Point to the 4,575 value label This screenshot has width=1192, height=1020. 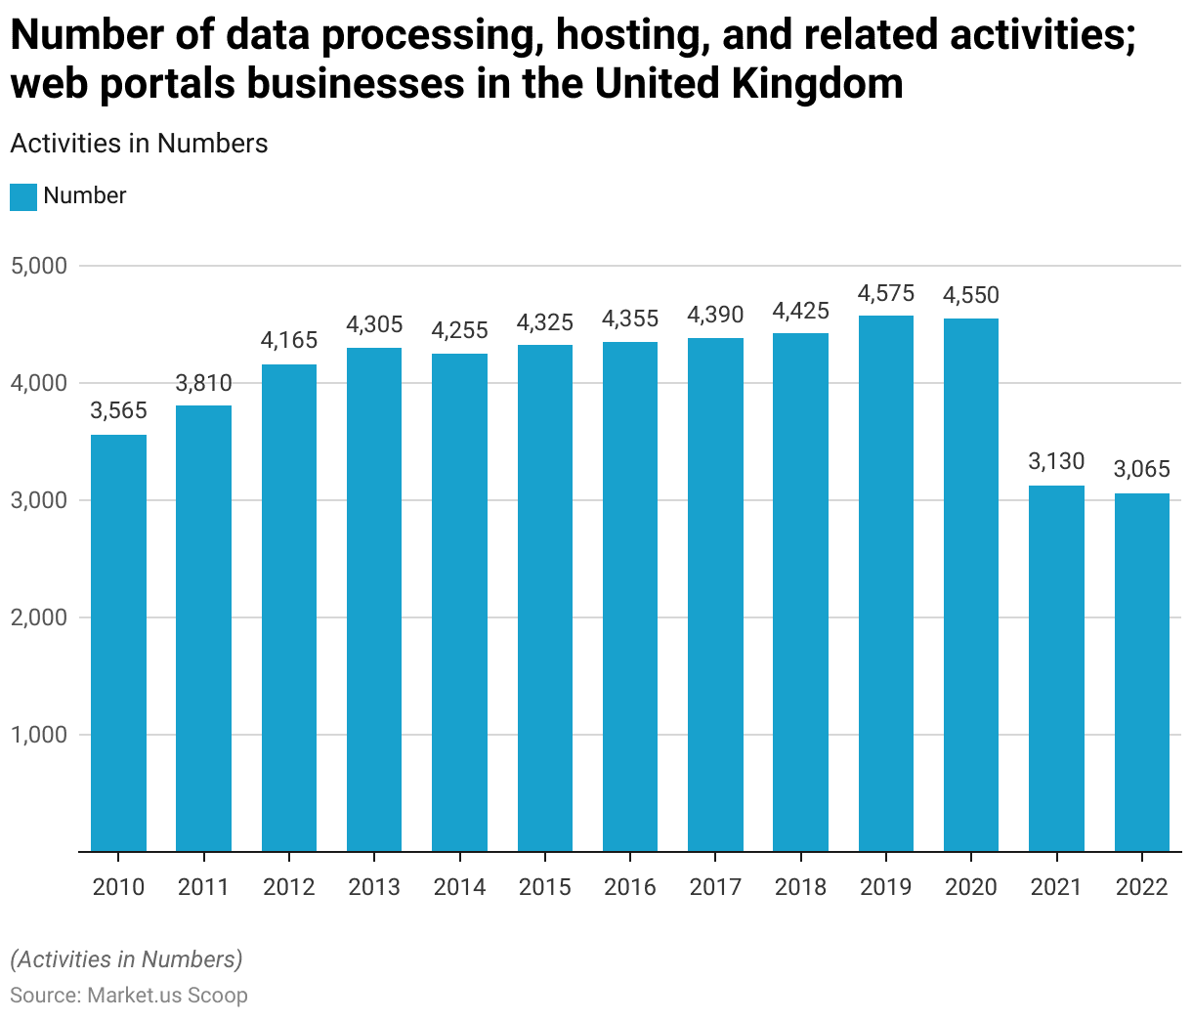[886, 293]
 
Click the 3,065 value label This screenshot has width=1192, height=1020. [1142, 470]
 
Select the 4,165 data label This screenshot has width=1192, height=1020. [289, 340]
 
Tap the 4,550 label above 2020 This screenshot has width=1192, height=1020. [971, 296]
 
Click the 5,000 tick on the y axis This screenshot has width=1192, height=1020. [39, 266]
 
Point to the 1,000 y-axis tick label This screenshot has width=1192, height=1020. [39, 735]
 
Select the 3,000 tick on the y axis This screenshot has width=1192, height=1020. [39, 500]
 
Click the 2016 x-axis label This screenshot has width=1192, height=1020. [630, 887]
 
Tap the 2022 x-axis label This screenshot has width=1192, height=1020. [1142, 887]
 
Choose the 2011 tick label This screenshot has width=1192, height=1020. [203, 887]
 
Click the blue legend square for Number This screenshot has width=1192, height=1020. [23, 196]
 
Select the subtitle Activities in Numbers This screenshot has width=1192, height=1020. [139, 144]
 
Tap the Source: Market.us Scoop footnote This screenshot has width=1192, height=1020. [129, 996]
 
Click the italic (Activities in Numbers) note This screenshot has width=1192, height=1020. [126, 959]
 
